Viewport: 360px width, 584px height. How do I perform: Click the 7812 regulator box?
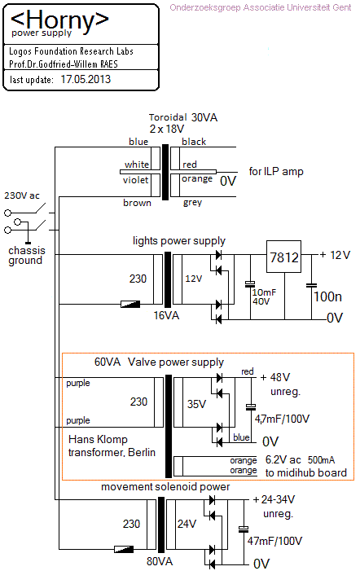(x=283, y=257)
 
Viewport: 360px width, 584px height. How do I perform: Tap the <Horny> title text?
(x=59, y=20)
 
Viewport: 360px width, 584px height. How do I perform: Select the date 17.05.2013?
(x=86, y=79)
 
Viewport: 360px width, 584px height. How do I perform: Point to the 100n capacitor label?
(x=327, y=296)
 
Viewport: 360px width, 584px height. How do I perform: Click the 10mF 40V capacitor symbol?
(x=250, y=284)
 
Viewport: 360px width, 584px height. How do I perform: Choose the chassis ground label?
(x=26, y=255)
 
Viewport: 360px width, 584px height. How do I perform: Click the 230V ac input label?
(x=22, y=195)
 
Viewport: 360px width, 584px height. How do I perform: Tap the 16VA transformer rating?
(x=166, y=315)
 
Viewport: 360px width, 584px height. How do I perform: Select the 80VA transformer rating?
(x=160, y=561)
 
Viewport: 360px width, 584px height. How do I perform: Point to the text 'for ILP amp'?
(x=276, y=171)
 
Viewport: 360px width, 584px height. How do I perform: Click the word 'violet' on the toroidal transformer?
(x=135, y=180)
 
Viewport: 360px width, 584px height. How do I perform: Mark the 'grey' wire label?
(x=192, y=203)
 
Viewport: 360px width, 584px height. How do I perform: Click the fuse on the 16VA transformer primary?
(x=130, y=304)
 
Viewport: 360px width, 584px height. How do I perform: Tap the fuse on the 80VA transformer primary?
(x=124, y=549)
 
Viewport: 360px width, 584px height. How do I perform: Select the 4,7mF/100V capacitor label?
(x=282, y=419)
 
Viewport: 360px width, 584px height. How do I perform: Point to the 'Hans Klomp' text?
(x=98, y=440)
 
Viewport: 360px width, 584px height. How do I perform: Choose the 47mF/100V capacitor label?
(x=274, y=541)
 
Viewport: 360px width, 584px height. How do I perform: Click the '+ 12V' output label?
(x=335, y=255)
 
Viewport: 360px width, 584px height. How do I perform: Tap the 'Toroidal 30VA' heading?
(x=183, y=117)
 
